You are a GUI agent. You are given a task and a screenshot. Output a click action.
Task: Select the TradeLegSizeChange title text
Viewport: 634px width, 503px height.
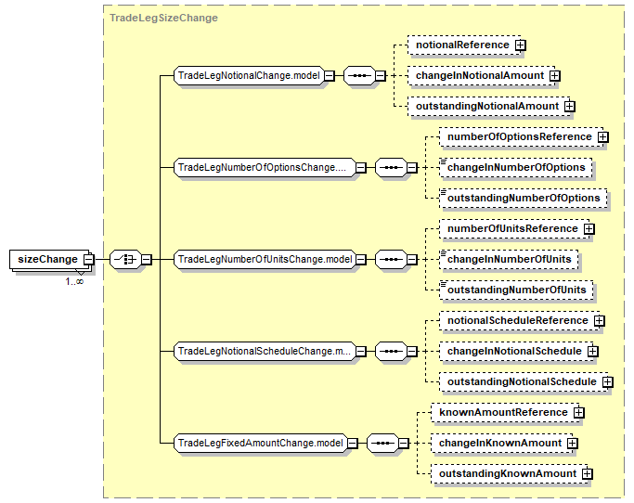(163, 18)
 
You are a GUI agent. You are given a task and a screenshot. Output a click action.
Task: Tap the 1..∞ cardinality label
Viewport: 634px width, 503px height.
(74, 281)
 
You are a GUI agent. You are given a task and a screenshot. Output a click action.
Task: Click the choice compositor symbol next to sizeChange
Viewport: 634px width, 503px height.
(125, 259)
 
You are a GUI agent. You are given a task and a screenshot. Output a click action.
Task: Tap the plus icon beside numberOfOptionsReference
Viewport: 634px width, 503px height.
(602, 137)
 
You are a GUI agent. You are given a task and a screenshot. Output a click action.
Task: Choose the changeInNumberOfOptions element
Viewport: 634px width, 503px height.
(516, 167)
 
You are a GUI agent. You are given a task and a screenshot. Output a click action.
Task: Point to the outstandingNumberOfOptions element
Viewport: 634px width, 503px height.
(524, 198)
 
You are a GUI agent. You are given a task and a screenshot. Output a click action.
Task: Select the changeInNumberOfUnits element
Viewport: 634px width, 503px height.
(509, 259)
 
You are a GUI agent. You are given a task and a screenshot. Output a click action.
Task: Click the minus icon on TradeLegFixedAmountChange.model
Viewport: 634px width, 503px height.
(353, 444)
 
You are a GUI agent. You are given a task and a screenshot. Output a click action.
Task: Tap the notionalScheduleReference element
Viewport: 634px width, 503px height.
(520, 321)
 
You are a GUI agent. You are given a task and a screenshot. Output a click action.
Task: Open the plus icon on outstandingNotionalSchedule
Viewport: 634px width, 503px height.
(608, 382)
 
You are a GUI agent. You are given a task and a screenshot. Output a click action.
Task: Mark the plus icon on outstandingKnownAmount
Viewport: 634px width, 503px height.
(587, 474)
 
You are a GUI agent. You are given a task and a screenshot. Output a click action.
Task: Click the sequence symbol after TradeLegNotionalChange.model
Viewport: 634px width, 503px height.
(359, 75)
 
